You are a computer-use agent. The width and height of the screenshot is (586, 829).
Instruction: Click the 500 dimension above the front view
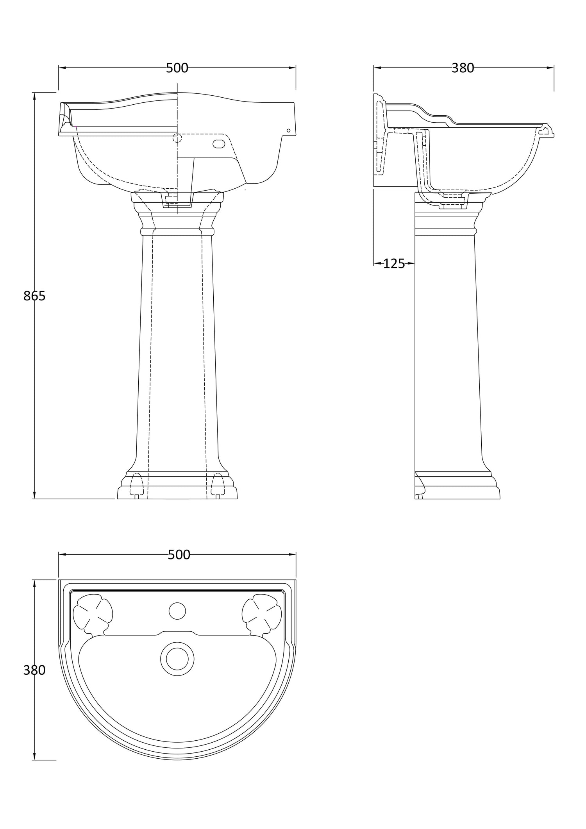[x=177, y=68]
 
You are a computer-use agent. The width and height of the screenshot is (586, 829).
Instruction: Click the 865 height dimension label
[x=34, y=296]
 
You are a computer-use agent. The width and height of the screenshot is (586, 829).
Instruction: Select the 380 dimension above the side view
[x=463, y=68]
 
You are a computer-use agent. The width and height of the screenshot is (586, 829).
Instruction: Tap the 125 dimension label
[x=394, y=264]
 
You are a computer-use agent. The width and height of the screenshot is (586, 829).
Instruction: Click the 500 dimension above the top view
[x=179, y=555]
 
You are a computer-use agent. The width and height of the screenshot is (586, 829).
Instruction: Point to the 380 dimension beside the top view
[x=34, y=670]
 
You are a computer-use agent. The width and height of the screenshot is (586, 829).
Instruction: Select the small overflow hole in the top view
[x=177, y=611]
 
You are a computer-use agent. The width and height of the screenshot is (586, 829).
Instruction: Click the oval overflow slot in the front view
[x=219, y=143]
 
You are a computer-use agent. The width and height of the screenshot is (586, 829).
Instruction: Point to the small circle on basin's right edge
[x=289, y=130]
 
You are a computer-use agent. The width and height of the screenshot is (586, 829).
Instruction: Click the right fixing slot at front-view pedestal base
[x=218, y=485]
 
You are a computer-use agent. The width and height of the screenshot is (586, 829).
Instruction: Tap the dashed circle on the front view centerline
[x=177, y=138]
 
